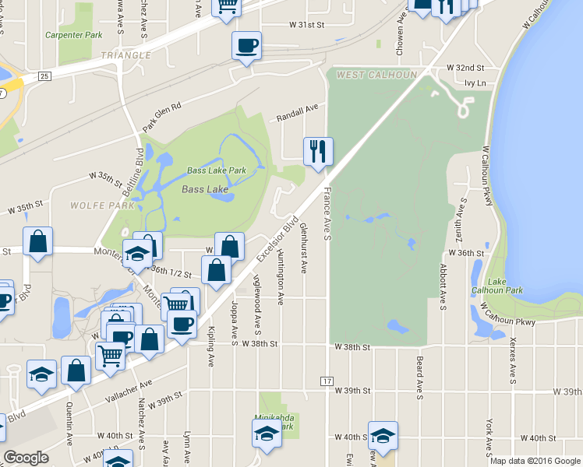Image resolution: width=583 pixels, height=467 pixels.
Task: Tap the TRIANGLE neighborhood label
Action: coord(125,55)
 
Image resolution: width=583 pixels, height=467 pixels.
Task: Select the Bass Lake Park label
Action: coord(216,170)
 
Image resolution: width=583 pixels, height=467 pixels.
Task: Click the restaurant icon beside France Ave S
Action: coord(317,150)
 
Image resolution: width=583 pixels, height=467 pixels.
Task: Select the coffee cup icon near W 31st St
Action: coord(246,46)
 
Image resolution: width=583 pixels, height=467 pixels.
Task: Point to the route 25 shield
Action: coord(44,75)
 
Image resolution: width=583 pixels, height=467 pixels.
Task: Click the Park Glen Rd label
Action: coord(161,117)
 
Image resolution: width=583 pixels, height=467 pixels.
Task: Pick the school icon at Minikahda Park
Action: coord(267,434)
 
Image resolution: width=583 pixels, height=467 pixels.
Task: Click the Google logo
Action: coord(26,458)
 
